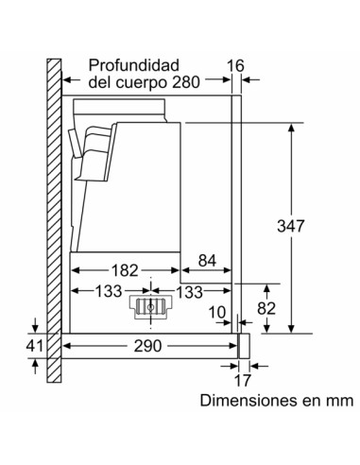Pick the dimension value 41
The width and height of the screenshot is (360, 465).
click(x=33, y=347)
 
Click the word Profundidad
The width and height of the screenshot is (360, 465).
click(x=134, y=65)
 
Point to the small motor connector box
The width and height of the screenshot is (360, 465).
click(x=147, y=306)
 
